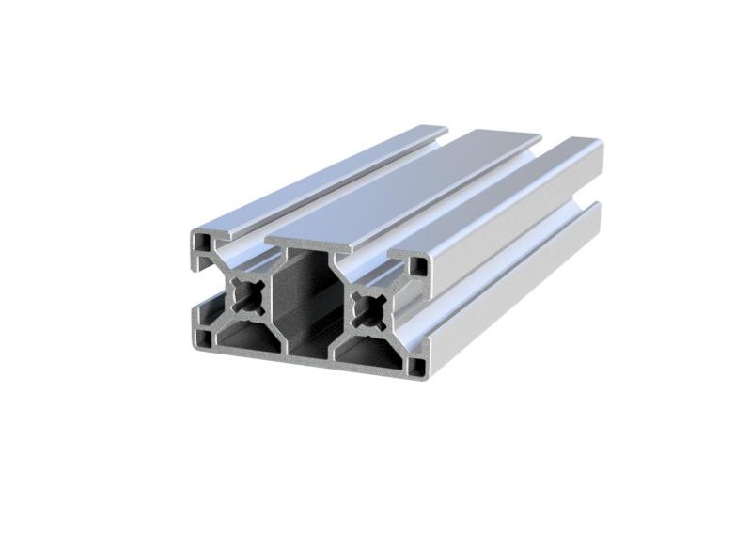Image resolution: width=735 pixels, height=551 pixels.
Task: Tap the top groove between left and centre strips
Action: tap(348, 188)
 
